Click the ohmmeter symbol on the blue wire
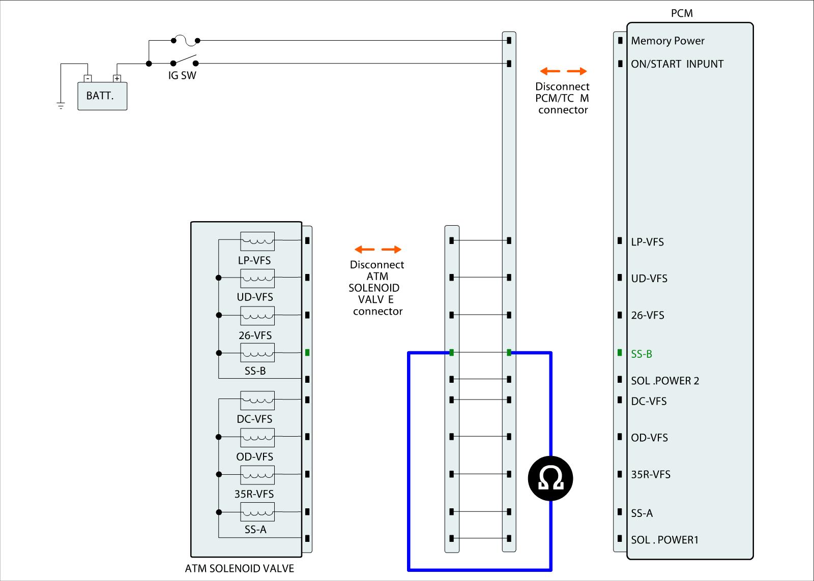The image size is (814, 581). click(x=550, y=478)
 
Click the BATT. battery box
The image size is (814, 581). click(x=102, y=96)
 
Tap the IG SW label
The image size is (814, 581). click(x=182, y=76)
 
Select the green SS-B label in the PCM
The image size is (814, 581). click(x=642, y=354)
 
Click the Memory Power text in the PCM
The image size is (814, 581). click(x=667, y=41)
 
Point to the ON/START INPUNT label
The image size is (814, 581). click(x=677, y=64)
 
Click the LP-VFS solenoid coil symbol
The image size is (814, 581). click(x=257, y=241)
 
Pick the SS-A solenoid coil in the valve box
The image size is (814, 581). click(x=257, y=511)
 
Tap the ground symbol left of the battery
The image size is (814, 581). click(x=61, y=106)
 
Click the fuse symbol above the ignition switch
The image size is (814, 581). click(x=185, y=40)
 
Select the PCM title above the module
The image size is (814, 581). click(x=682, y=13)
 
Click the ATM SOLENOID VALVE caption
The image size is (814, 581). click(x=239, y=568)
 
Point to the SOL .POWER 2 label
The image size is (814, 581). click(x=665, y=381)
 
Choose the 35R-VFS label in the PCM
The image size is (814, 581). click(x=651, y=474)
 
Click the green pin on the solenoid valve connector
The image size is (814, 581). click(x=307, y=353)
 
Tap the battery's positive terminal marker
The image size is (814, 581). click(x=117, y=78)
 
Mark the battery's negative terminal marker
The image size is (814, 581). click(x=88, y=78)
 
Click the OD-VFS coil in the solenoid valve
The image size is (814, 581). click(x=257, y=437)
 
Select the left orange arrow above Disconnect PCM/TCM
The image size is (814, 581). click(x=550, y=71)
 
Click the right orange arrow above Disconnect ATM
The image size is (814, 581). click(x=391, y=249)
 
